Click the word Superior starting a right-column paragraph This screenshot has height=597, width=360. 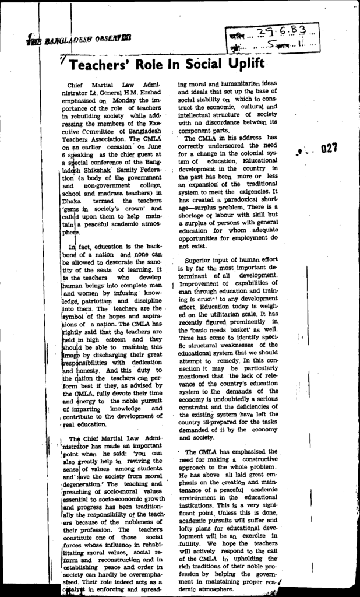pos(200,260)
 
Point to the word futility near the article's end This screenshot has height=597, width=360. pos(192,542)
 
